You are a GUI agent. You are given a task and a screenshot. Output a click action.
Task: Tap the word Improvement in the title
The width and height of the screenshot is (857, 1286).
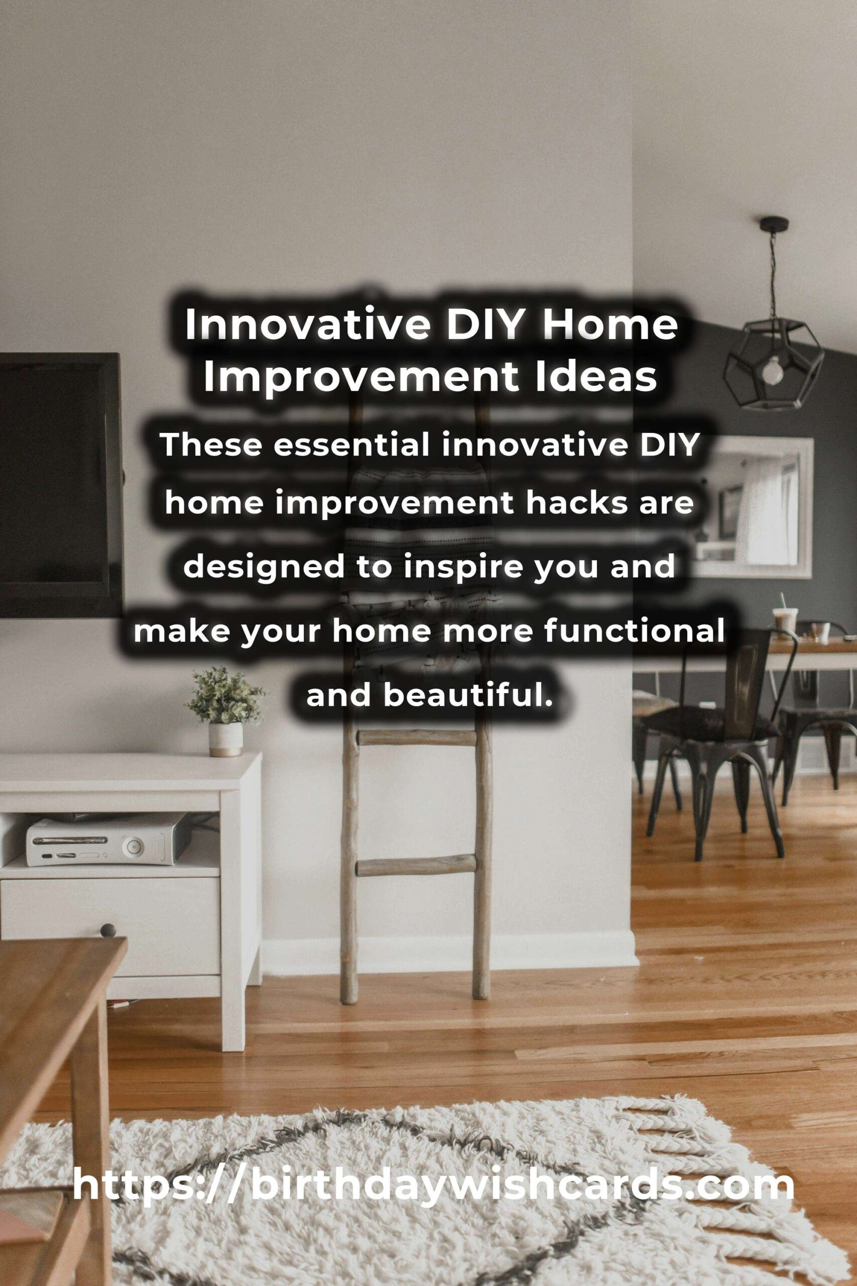361,377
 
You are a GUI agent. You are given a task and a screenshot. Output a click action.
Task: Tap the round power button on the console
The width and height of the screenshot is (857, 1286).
132,848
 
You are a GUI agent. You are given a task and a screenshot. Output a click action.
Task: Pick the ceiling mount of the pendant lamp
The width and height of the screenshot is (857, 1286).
773,224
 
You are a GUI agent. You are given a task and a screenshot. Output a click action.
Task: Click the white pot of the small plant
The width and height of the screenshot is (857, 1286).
225,739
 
